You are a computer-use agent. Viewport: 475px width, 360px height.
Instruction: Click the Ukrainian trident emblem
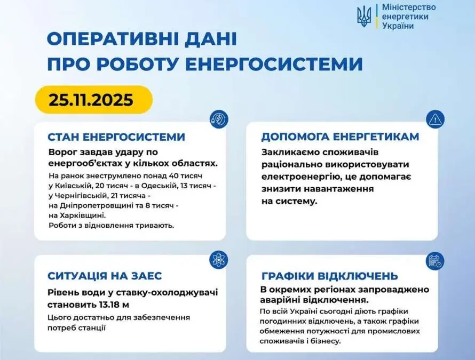[x=364, y=17]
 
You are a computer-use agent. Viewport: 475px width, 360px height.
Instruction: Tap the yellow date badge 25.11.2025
[x=93, y=100]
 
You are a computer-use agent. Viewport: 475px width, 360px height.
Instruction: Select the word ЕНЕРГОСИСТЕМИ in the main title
[x=274, y=64]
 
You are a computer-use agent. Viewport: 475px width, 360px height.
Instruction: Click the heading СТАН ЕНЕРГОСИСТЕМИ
[x=116, y=137]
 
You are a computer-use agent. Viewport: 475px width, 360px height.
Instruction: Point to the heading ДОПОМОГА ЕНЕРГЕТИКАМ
[x=340, y=137]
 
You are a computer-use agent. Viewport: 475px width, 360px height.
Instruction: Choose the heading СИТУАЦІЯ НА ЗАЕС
[x=105, y=276]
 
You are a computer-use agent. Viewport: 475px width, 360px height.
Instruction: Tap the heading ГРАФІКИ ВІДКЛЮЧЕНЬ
[x=330, y=276]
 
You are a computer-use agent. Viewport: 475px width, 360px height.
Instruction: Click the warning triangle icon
[x=435, y=119]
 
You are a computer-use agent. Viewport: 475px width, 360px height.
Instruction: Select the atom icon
[x=218, y=260]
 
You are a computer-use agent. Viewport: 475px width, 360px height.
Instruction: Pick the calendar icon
[x=435, y=261]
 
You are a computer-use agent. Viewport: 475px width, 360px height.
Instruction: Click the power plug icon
[x=219, y=119]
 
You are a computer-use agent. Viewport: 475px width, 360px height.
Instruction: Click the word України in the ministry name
[x=398, y=26]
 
